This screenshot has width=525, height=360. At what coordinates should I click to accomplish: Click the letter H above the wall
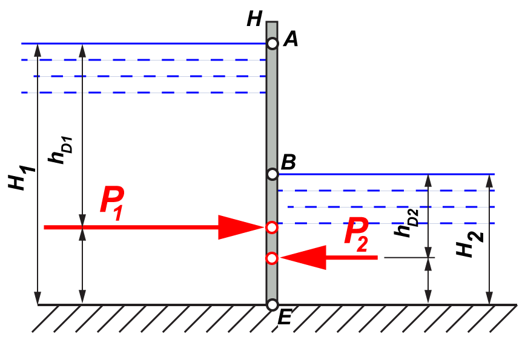point(254,19)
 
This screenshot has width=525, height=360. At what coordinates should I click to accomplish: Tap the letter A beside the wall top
point(291,39)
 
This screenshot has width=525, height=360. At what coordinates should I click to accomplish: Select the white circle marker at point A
point(272,44)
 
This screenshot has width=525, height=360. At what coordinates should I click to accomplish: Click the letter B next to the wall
point(289,162)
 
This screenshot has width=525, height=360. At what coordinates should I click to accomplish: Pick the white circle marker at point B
point(272,174)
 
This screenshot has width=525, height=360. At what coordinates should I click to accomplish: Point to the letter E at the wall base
point(285,317)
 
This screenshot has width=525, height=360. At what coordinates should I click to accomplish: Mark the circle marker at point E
point(272,304)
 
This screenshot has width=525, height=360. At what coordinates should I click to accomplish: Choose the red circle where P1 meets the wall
point(272,227)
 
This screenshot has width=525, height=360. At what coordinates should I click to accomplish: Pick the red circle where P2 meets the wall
point(272,258)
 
